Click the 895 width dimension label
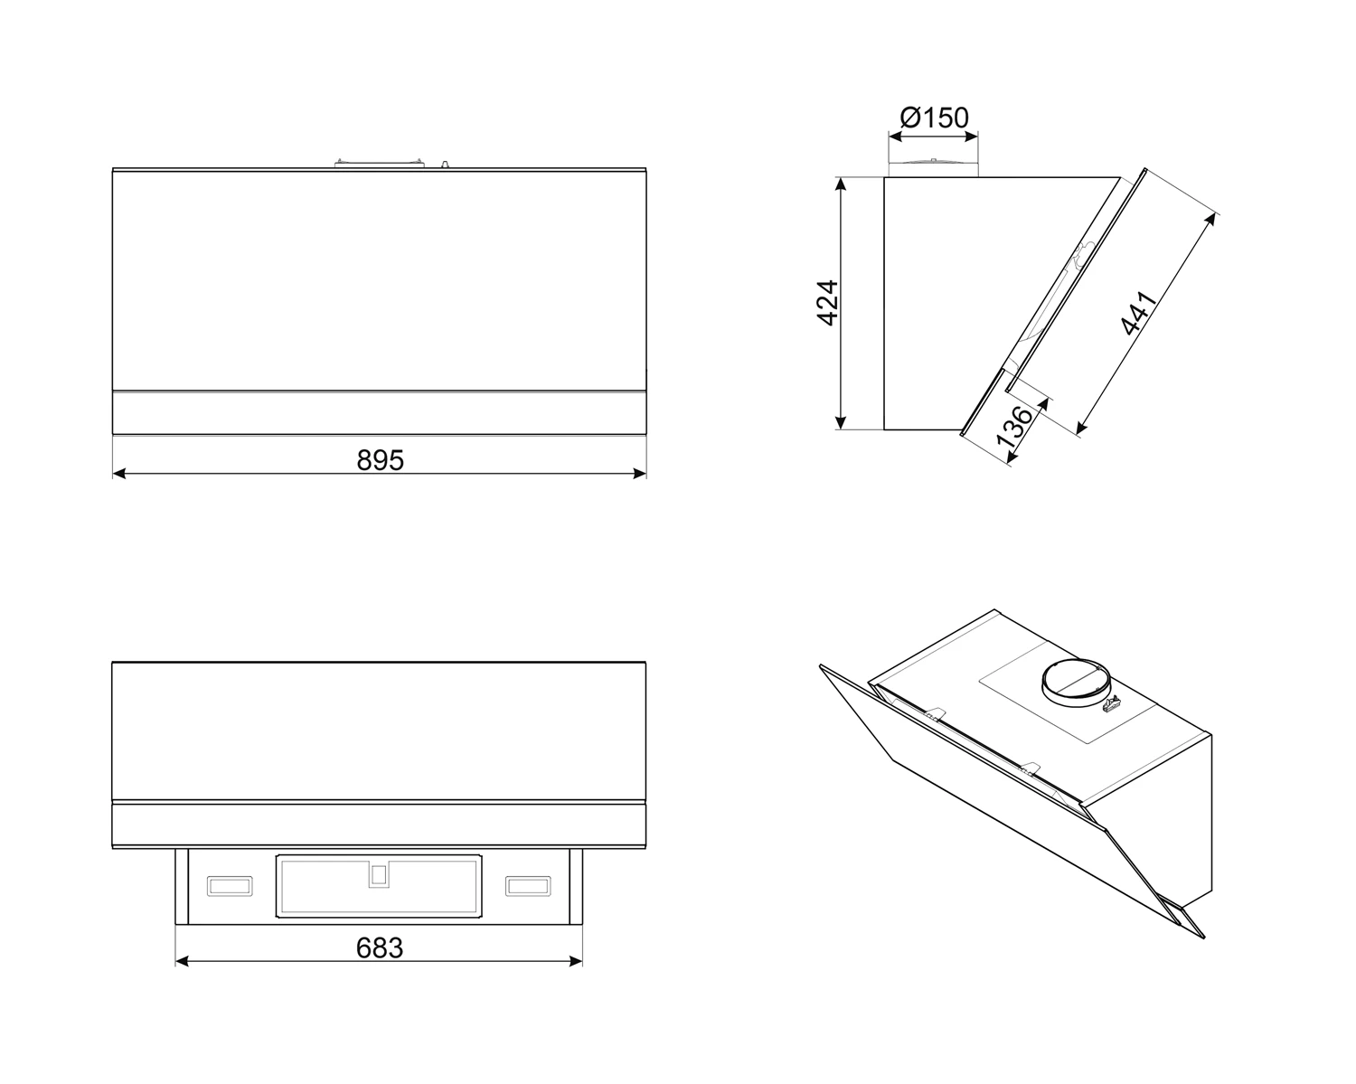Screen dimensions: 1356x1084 click(380, 461)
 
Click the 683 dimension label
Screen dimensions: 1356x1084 click(380, 947)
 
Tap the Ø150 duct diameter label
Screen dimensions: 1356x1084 click(935, 118)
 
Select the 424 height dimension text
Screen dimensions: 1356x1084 click(828, 303)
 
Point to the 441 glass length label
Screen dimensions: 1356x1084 click(1139, 313)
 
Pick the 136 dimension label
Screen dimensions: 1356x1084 click(1014, 427)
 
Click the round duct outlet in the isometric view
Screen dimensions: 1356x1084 click(1072, 683)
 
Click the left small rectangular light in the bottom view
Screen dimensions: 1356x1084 click(230, 885)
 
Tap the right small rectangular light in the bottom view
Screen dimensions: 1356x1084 click(528, 885)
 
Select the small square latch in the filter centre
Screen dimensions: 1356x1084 click(379, 875)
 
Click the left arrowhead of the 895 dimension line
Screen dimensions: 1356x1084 click(119, 474)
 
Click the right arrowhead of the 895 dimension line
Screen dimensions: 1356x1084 click(639, 474)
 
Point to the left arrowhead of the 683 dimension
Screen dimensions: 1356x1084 click(182, 961)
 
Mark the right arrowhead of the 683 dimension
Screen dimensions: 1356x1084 click(575, 961)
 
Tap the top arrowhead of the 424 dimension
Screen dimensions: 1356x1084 click(840, 184)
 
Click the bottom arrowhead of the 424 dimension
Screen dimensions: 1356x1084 click(840, 422)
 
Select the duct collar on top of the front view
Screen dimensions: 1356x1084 click(379, 164)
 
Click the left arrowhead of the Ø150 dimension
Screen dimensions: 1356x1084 click(895, 136)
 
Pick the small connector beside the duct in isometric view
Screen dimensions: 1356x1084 click(1112, 704)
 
